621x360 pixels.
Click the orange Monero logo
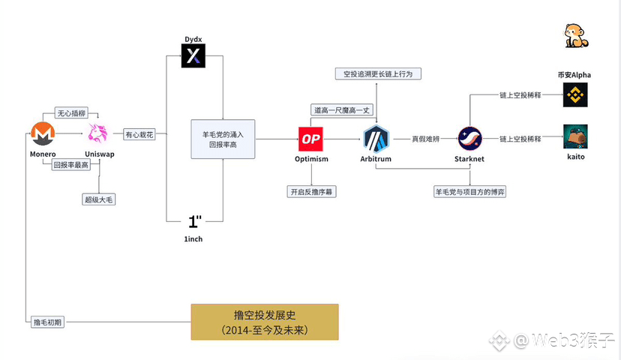tap(43, 133)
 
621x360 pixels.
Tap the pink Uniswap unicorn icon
tap(97, 133)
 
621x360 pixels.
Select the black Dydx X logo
tap(193, 55)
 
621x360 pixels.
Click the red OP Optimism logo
tap(311, 139)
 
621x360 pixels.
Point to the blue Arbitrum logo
tap(376, 139)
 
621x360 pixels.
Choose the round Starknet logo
tap(469, 139)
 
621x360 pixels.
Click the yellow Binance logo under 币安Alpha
tap(575, 95)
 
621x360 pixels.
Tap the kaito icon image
tap(575, 136)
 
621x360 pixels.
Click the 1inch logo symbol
tap(194, 221)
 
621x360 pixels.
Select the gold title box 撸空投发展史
tap(265, 322)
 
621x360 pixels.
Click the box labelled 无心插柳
tap(71, 113)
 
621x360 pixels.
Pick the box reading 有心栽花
tap(139, 135)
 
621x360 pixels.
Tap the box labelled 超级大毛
tap(98, 199)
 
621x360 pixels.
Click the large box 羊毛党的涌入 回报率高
tap(223, 139)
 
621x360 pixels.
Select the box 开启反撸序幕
tap(311, 192)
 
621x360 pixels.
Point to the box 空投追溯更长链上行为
tap(378, 74)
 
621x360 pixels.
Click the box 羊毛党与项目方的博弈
tap(470, 192)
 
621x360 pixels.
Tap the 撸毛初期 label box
tap(47, 322)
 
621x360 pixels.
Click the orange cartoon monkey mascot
tap(576, 36)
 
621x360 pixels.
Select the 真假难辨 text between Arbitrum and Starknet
tap(426, 139)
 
